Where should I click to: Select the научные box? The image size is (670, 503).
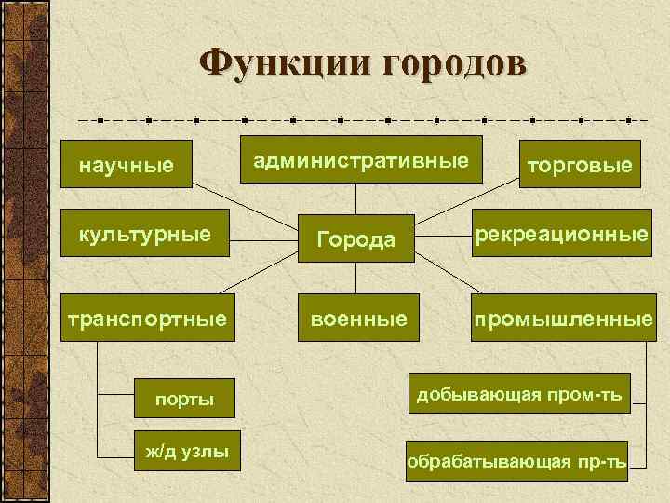click(127, 166)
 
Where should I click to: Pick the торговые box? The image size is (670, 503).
click(580, 165)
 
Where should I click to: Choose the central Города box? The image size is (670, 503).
click(356, 239)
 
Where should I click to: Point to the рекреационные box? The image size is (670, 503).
click(562, 234)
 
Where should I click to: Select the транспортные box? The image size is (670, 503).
click(144, 319)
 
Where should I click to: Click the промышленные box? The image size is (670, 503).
click(562, 319)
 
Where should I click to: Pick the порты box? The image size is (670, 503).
click(184, 399)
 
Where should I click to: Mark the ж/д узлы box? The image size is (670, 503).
click(186, 453)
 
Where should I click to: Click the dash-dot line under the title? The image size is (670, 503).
click(363, 120)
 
